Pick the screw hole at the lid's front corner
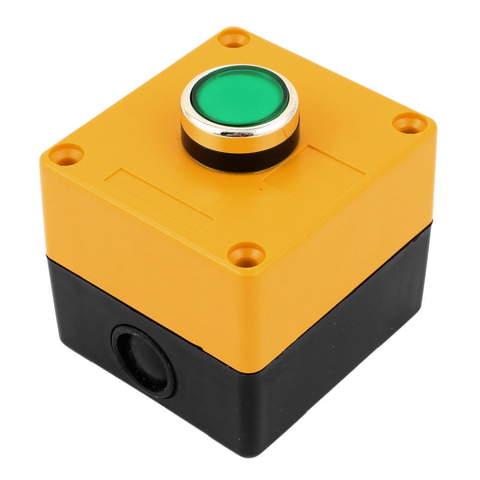pos(247,254)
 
